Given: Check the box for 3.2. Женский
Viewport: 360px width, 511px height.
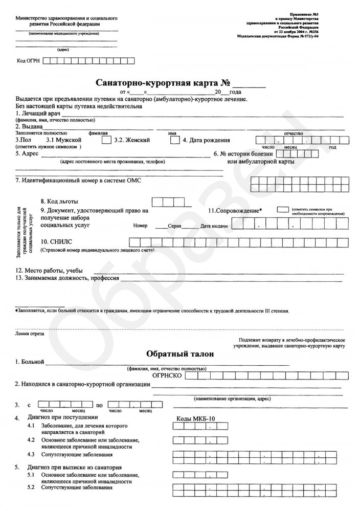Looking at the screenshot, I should (x=175, y=140).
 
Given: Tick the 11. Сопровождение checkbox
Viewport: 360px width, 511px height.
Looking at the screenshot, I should (x=282, y=210).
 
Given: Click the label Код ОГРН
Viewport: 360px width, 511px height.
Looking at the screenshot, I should (x=29, y=61).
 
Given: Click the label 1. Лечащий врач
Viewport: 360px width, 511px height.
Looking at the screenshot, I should (x=38, y=113).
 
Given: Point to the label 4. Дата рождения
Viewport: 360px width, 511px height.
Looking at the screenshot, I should (x=206, y=140).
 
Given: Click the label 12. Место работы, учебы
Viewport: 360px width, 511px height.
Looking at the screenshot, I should (x=49, y=271).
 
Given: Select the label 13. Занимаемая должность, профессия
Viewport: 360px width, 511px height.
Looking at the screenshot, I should (x=67, y=278).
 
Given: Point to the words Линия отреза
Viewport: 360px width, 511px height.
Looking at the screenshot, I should (x=29, y=334).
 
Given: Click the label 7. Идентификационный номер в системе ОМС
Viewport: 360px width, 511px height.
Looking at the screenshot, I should (x=78, y=180).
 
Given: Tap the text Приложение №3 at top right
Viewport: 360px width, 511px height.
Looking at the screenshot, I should (x=306, y=16).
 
